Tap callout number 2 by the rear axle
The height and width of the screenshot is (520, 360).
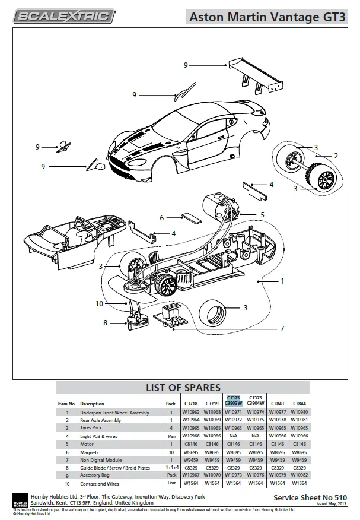click(x=336, y=156)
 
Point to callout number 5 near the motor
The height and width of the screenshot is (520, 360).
click(x=262, y=214)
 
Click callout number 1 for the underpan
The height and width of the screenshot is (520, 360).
click(x=282, y=281)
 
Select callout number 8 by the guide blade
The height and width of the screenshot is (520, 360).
click(x=106, y=323)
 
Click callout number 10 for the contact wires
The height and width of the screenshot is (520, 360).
click(x=99, y=304)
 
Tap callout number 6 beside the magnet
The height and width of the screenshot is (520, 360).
click(x=161, y=217)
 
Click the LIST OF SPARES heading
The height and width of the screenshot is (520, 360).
click(x=183, y=388)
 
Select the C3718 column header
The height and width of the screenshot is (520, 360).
click(x=190, y=404)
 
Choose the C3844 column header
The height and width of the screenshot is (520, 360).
click(x=299, y=404)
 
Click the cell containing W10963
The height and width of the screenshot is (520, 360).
click(x=190, y=413)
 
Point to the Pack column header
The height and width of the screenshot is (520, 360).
click(x=171, y=404)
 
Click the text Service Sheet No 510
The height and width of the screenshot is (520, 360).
click(x=309, y=497)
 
